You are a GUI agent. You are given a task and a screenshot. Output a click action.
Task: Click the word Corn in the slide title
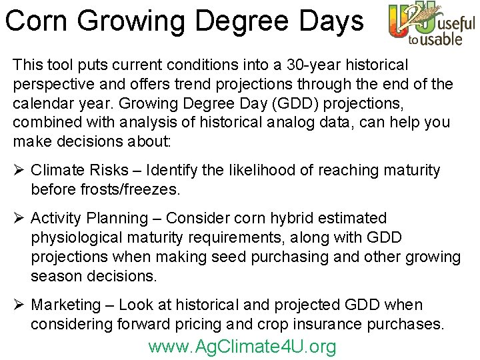pyautogui.click(x=37, y=21)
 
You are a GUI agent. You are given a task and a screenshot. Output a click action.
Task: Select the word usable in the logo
pyautogui.click(x=441, y=39)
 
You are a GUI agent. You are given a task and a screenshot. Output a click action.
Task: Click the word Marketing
pyautogui.click(x=65, y=305)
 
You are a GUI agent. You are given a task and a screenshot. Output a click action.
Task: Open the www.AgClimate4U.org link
pyautogui.click(x=242, y=347)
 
